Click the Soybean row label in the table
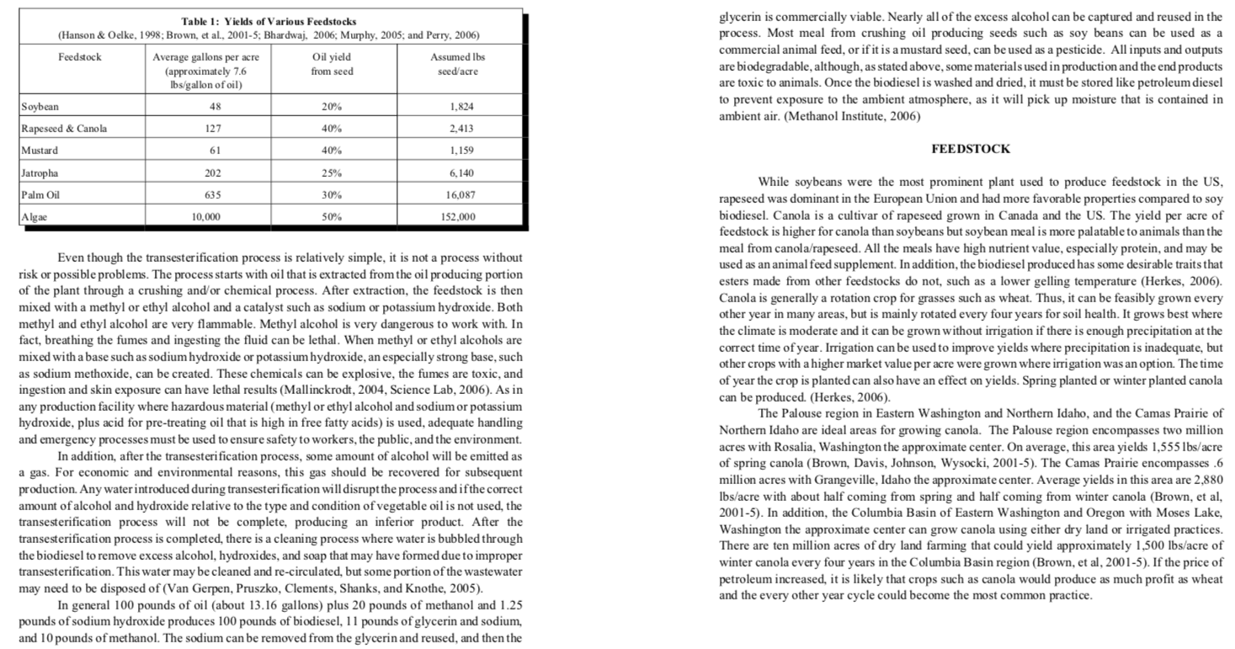(x=40, y=108)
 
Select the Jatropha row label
(x=41, y=173)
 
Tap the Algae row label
(x=35, y=216)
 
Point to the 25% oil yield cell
(x=332, y=173)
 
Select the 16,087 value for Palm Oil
(x=458, y=194)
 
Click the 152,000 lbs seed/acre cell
(x=458, y=216)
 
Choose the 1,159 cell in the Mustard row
(x=458, y=151)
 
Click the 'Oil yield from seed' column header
(x=332, y=64)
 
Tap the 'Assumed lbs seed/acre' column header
(x=458, y=64)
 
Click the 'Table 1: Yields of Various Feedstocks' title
(x=269, y=21)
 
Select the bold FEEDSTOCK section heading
(x=971, y=149)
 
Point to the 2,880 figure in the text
(x=1207, y=478)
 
